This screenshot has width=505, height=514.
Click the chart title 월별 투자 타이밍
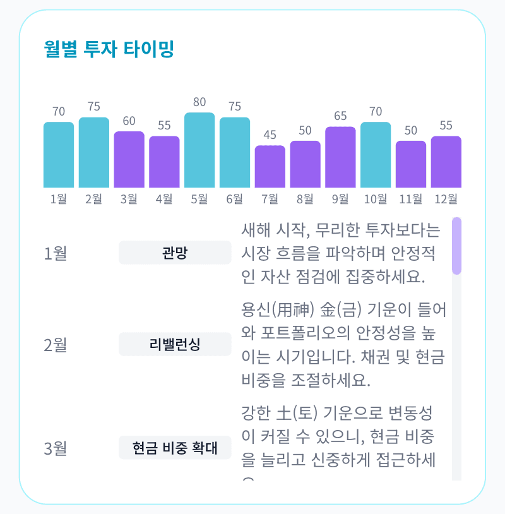[x=109, y=49]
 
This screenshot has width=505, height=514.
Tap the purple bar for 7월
[x=270, y=167]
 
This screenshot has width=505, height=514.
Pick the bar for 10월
[x=376, y=155]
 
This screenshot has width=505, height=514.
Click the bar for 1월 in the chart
[x=59, y=155]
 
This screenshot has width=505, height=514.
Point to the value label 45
[x=270, y=134]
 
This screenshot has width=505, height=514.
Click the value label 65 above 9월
[x=340, y=116]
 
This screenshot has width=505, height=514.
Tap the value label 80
[x=199, y=102]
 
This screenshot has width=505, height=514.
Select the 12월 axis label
[x=446, y=199]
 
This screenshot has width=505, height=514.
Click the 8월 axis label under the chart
[x=305, y=199]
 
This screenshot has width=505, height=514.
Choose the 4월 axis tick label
[x=164, y=199]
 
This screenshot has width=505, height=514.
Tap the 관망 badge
[x=175, y=253]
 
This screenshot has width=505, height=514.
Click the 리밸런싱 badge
[x=175, y=344]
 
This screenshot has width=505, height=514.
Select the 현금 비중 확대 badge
[x=175, y=448]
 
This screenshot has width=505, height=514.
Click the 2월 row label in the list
[x=56, y=345]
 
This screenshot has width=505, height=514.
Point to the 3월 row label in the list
[x=56, y=449]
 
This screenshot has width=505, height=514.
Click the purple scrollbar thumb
[x=456, y=246]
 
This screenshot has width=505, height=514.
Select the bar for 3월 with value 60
[x=129, y=160]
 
